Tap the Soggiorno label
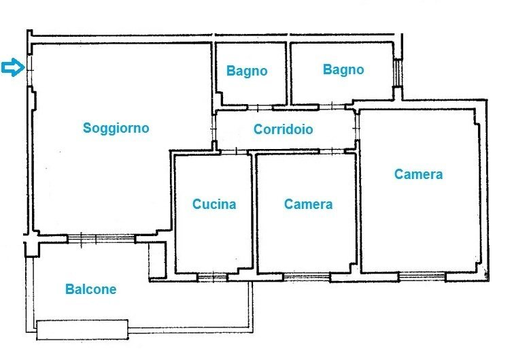coord(116,128)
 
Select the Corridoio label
coord(283,129)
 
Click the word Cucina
coord(214,204)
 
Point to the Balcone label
coord(90,289)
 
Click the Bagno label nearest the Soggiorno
coord(247,71)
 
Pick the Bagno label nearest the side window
coord(343,69)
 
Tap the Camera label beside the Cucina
coord(308,204)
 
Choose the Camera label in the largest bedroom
coord(418,174)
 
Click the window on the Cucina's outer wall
coord(212,276)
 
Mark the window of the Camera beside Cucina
coord(306,276)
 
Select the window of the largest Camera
coord(422,276)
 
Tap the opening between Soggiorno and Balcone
coord(101,238)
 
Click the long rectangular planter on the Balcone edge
coord(82,329)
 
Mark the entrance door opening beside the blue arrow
coord(29,67)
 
